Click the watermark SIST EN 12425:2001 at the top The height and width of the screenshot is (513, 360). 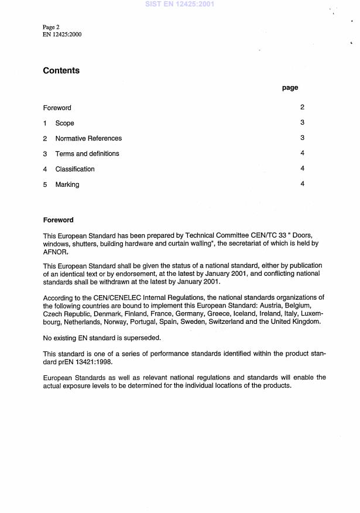tap(180, 4)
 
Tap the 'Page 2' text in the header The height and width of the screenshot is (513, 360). tap(52, 28)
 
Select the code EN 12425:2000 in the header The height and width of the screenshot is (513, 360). tap(62, 35)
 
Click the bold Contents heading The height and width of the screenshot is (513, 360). tap(61, 71)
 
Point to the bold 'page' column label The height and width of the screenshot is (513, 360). tap(290, 88)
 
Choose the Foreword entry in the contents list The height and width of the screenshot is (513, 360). tap(57, 108)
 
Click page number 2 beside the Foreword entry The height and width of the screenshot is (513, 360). tap(302, 108)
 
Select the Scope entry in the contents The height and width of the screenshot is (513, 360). tap(64, 124)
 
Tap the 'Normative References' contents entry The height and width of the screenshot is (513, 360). tap(88, 139)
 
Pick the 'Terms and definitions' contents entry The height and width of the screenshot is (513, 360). tap(87, 154)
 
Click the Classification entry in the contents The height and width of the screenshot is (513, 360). tap(74, 169)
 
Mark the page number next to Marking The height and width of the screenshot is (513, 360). tap(302, 184)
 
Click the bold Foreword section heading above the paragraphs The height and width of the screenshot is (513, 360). tap(58, 220)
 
